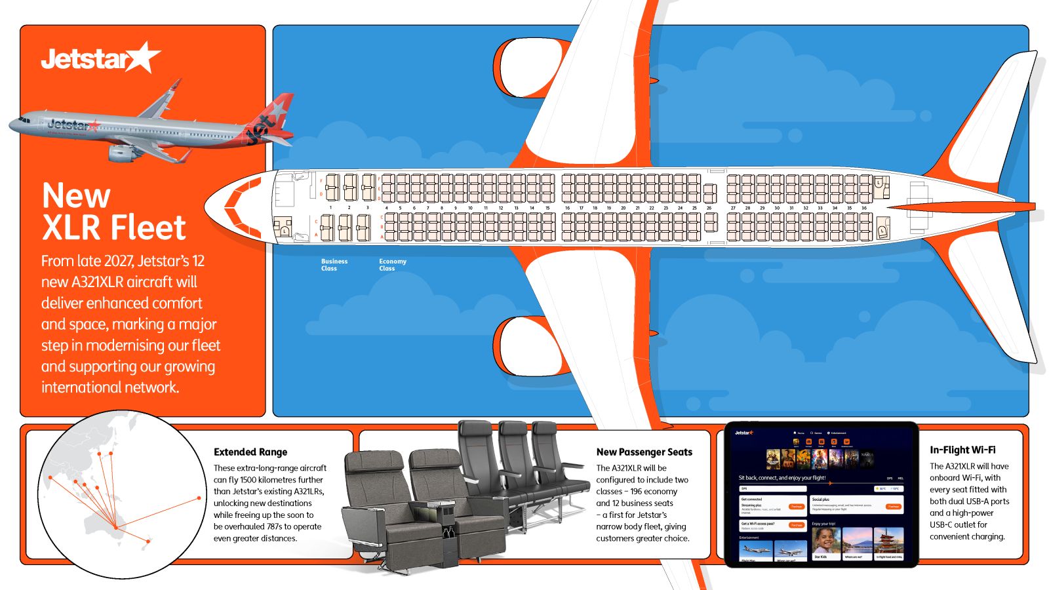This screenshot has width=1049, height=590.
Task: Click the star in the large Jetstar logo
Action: (144, 57)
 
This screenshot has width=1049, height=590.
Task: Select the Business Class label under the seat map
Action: (334, 265)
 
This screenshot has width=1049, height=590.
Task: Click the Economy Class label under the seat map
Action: (392, 265)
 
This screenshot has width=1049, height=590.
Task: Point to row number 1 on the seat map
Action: (330, 208)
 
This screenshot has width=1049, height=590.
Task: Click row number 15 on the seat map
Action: (547, 208)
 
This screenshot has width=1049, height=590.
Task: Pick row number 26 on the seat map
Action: (709, 208)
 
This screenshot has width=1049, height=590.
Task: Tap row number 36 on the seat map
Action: (864, 208)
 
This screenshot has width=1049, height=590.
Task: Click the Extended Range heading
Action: (250, 452)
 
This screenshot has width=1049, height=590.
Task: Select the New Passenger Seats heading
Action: (644, 452)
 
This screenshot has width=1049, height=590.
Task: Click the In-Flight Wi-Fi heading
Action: (962, 450)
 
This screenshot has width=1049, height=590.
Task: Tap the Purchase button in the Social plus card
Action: (893, 507)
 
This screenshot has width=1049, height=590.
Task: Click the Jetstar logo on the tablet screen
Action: (744, 433)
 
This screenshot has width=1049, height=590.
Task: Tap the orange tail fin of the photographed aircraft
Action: (272, 120)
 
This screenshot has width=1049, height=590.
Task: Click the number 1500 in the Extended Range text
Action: (248, 480)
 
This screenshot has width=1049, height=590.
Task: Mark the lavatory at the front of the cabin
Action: (284, 227)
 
